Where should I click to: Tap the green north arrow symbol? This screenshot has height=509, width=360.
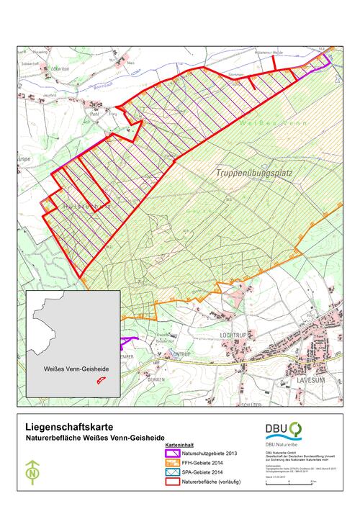(x=32, y=472)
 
